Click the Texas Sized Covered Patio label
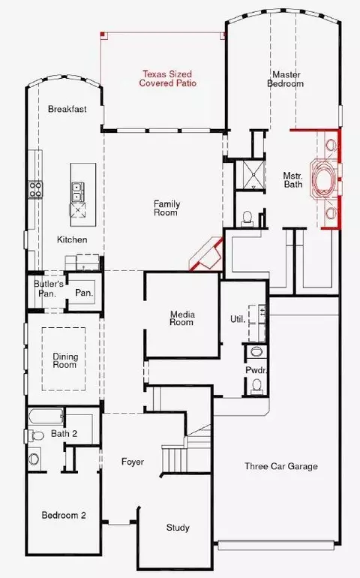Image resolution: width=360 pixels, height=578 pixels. click(x=167, y=79)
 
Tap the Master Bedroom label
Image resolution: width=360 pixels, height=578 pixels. click(x=286, y=79)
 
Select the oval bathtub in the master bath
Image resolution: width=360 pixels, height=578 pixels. click(x=323, y=179)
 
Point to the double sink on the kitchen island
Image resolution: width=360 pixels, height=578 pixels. click(x=78, y=192)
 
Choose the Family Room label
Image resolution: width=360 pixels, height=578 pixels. click(x=167, y=208)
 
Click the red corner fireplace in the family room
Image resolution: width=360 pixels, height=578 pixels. click(x=206, y=254)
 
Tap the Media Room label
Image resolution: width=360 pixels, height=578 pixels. click(x=182, y=318)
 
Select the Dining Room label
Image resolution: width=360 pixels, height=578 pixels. click(x=65, y=360)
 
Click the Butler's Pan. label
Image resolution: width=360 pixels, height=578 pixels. click(x=48, y=289)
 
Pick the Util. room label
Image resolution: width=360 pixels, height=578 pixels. click(x=238, y=319)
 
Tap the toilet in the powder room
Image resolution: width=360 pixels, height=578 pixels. click(x=256, y=387)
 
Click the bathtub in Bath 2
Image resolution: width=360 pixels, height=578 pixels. click(x=44, y=417)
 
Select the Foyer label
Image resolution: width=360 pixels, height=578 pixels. click(x=133, y=462)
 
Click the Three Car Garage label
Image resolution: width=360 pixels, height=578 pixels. click(x=281, y=466)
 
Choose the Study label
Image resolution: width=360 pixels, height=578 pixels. click(x=178, y=528)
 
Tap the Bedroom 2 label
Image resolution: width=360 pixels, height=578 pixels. click(x=64, y=515)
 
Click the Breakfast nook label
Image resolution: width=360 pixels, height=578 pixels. click(x=67, y=109)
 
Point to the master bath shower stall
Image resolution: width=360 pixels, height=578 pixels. click(x=250, y=175)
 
